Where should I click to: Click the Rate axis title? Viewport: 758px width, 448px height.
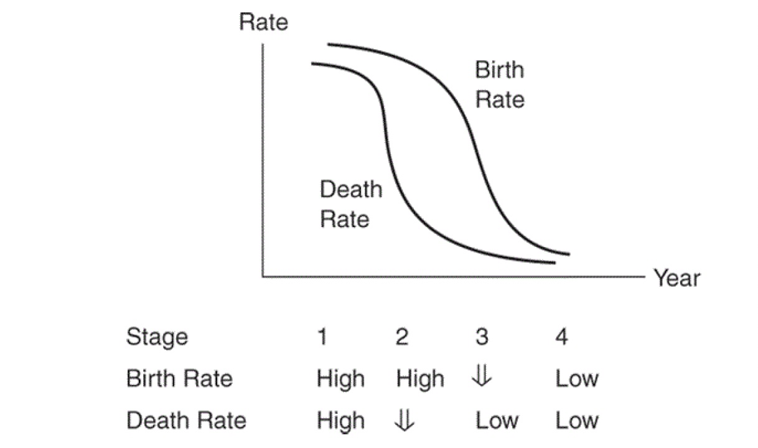click(264, 23)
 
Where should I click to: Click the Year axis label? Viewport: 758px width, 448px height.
click(676, 278)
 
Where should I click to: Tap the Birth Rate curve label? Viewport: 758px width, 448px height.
click(500, 84)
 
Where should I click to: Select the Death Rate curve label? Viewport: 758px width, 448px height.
click(350, 203)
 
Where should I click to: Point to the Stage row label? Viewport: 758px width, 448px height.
click(157, 337)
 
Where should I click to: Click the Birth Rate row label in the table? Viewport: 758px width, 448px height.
click(179, 379)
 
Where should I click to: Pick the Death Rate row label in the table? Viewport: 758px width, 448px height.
click(186, 421)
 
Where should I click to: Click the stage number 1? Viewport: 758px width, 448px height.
click(322, 337)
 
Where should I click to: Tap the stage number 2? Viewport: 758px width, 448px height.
click(402, 337)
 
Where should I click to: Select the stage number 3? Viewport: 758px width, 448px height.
click(482, 337)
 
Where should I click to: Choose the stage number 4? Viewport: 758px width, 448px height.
click(561, 337)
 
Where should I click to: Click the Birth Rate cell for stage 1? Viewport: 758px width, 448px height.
click(340, 379)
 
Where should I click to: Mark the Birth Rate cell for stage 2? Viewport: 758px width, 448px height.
click(420, 379)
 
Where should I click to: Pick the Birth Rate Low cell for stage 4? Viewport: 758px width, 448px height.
click(577, 379)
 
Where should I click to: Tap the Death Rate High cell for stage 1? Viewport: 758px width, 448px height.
click(340, 421)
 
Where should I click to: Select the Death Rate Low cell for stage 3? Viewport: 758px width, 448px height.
click(497, 421)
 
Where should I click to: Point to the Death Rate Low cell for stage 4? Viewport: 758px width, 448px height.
click(577, 421)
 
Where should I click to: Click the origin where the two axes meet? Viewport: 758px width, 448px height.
click(263, 276)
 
